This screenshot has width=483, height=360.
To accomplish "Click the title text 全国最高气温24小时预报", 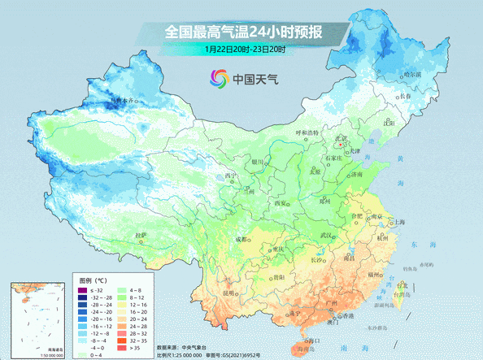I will [x=245, y=33].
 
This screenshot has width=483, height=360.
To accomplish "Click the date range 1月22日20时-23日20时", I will [x=245, y=50].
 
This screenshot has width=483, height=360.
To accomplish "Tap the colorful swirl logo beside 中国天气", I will [x=219, y=80].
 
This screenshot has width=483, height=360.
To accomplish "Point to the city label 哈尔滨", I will [x=413, y=74].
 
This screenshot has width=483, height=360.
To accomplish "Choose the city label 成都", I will [x=241, y=239].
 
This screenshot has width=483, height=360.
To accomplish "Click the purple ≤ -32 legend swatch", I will [x=81, y=290].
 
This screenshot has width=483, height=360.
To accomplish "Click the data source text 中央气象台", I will [x=195, y=348].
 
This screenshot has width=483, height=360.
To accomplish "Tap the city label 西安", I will [x=281, y=202].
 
